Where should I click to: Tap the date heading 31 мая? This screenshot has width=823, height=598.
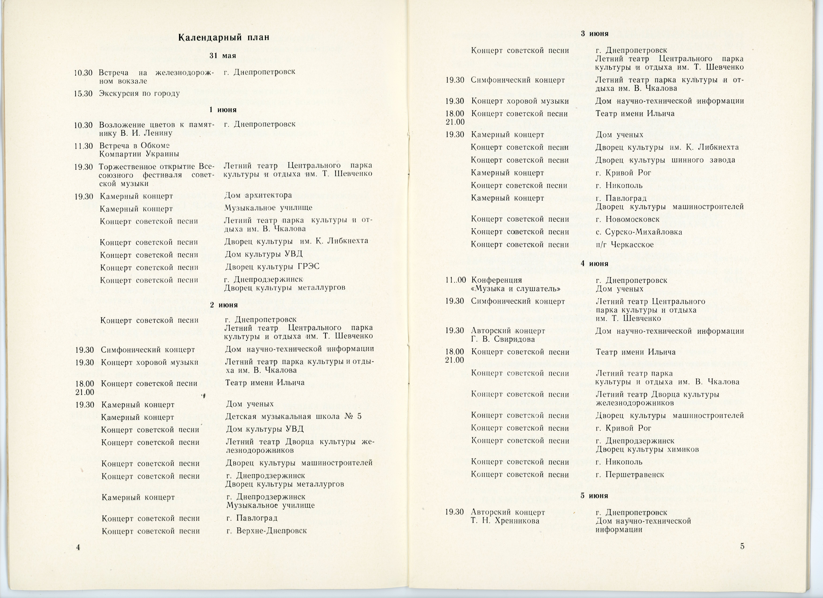point(223,56)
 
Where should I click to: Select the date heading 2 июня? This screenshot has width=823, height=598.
point(224,305)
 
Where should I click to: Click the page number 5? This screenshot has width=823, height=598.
point(742,546)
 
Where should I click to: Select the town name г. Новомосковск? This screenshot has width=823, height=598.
point(627,219)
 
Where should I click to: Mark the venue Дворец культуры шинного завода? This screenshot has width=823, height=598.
point(665,160)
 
